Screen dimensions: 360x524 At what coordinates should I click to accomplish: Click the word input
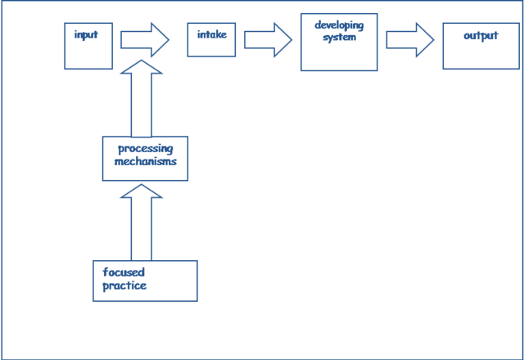[x=86, y=35]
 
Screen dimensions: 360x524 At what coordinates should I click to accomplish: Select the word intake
[x=211, y=35]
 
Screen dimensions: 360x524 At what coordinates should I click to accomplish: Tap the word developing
[x=339, y=25]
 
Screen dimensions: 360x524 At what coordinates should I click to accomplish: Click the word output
[x=481, y=36]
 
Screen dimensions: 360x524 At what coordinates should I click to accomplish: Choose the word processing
[x=146, y=149]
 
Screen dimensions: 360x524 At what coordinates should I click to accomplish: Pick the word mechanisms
[x=146, y=161]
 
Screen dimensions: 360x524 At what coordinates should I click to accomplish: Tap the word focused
[x=124, y=272]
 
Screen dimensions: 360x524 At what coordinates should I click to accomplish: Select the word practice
[x=125, y=286]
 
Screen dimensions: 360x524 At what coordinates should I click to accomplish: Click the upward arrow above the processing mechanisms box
[x=142, y=98]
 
